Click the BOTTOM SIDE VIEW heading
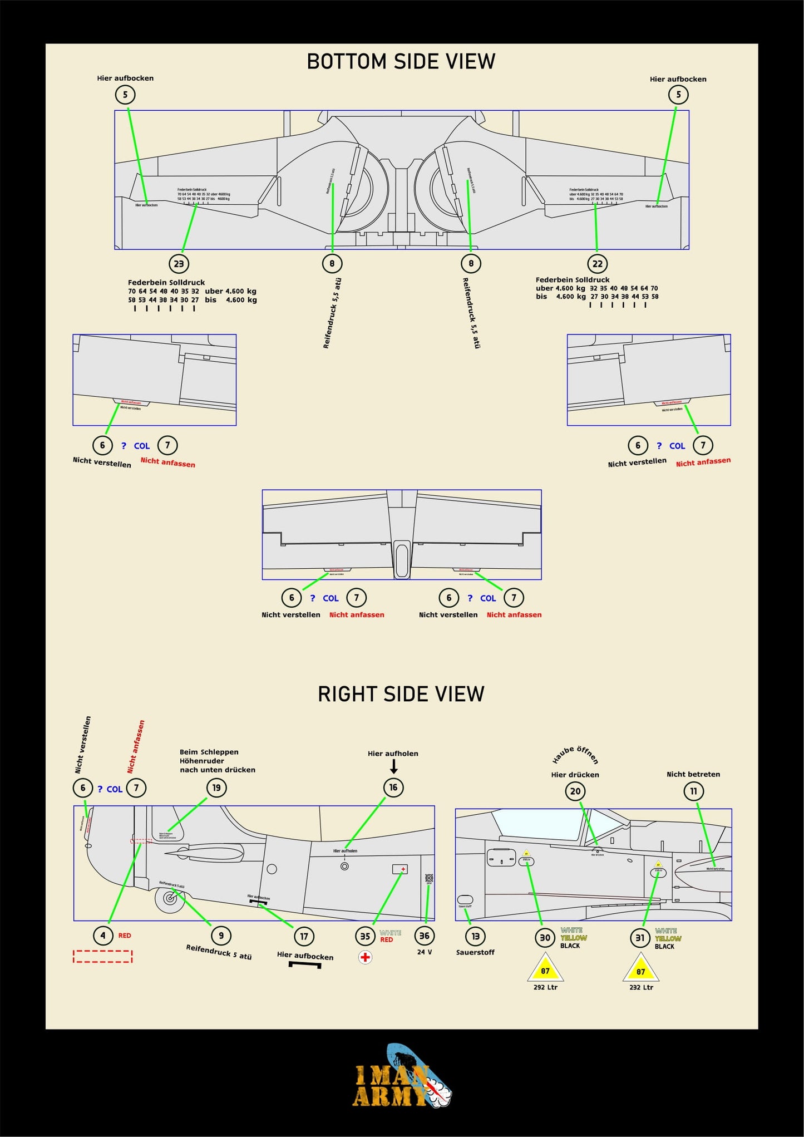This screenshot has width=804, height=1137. [x=401, y=61]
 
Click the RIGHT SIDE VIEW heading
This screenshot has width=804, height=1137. [x=401, y=694]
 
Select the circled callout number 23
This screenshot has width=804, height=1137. [x=179, y=264]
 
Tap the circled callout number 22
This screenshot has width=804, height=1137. [x=597, y=264]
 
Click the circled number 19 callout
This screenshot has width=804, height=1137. [x=216, y=787]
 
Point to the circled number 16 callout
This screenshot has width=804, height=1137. [x=393, y=787]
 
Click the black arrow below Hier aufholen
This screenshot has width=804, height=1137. [x=393, y=767]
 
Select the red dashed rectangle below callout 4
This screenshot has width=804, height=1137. [x=103, y=956]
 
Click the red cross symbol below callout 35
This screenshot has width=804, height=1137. [x=365, y=957]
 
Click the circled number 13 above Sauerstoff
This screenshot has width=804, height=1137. [x=475, y=936]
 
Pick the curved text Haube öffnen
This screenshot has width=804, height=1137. [x=575, y=755]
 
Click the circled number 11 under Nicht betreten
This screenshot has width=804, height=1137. [x=693, y=791]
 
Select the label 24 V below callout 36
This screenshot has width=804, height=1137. [x=425, y=952]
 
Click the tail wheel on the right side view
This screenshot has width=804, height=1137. [x=169, y=899]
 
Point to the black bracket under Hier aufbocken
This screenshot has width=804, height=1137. [x=305, y=964]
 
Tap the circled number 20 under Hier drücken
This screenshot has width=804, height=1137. [x=575, y=791]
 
